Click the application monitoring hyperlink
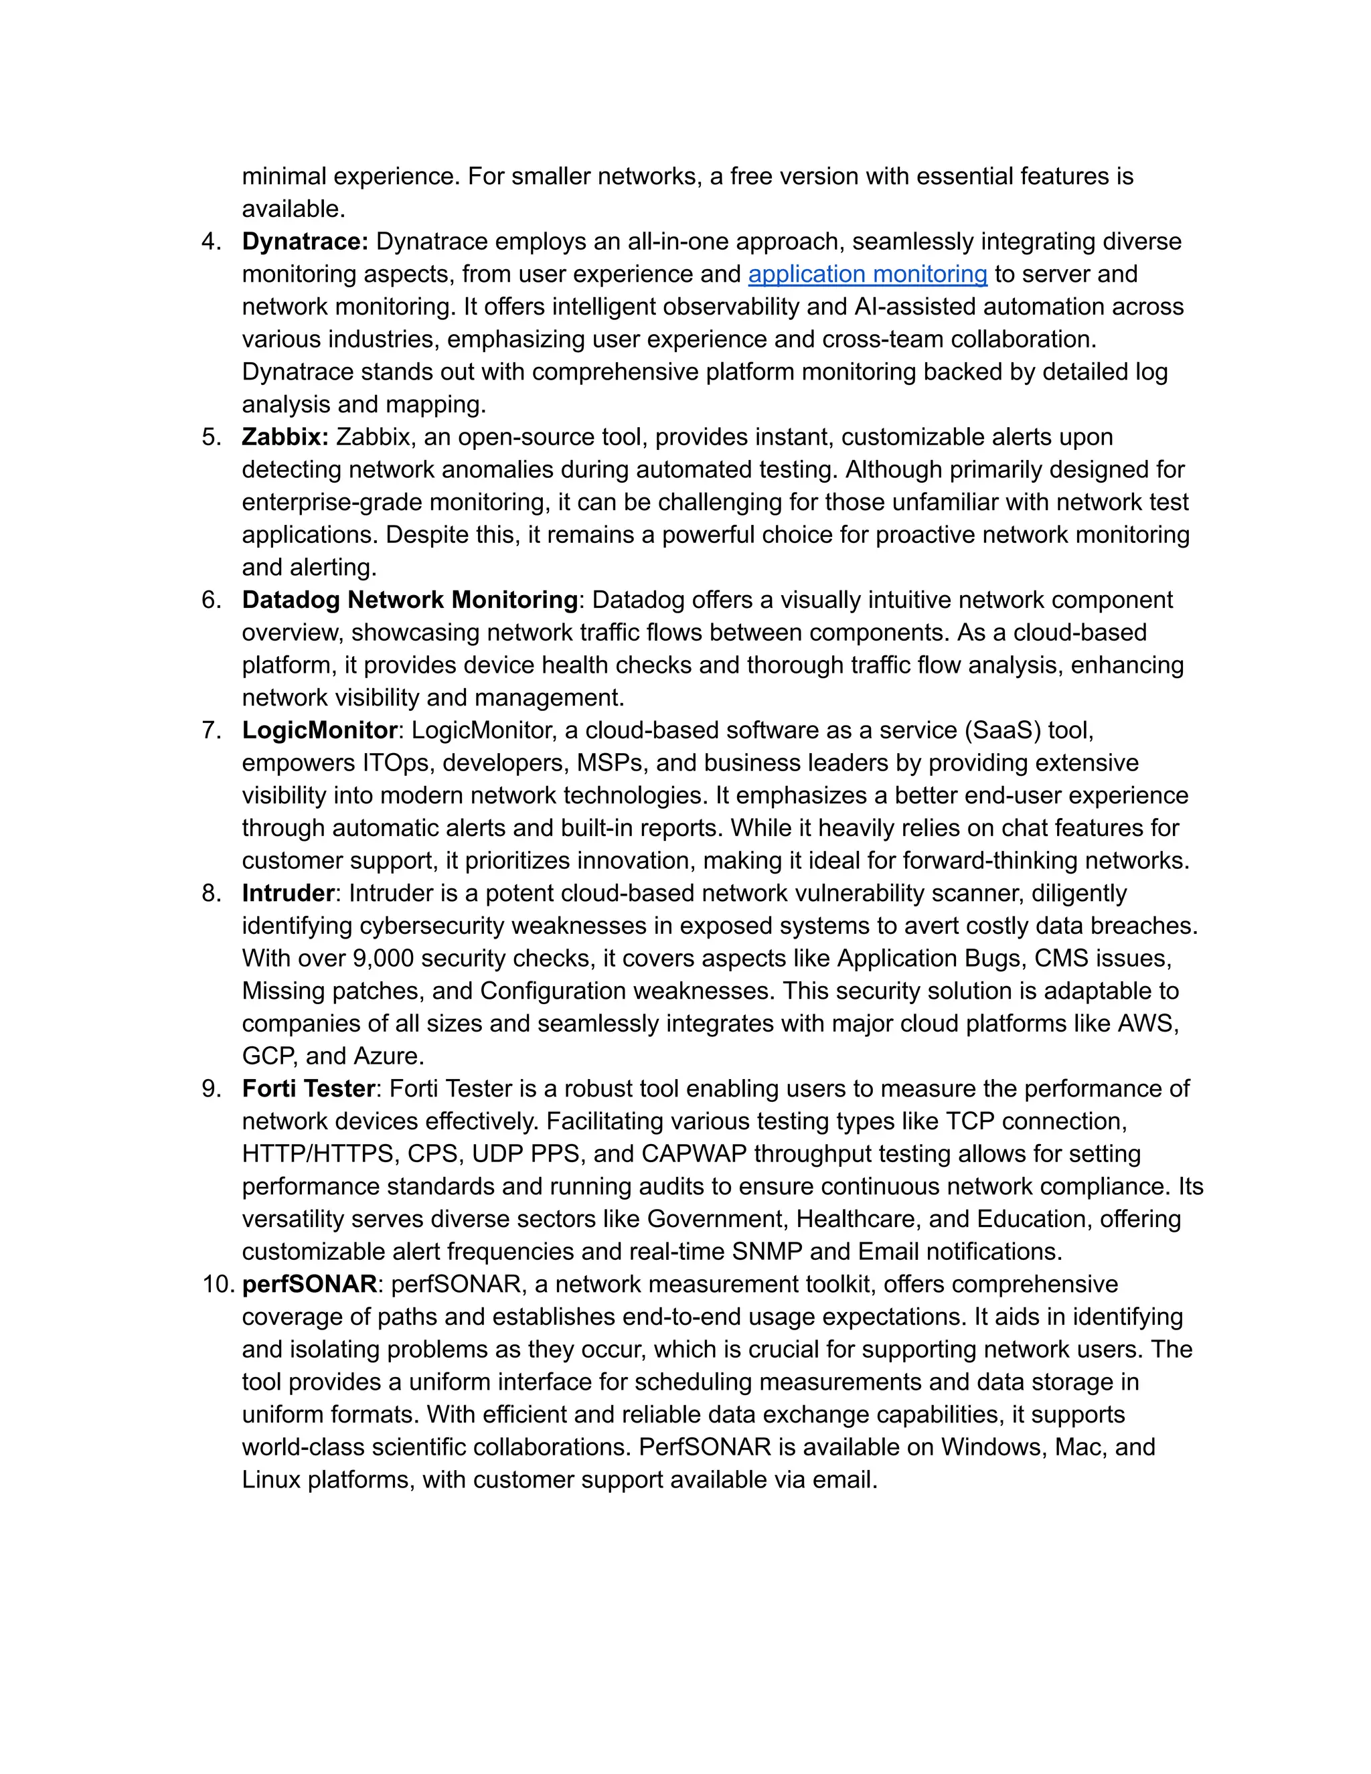867,274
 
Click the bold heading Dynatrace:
305,242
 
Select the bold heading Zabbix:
285,437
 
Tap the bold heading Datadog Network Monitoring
409,600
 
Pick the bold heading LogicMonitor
319,730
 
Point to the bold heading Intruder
287,894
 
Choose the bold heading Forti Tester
309,1088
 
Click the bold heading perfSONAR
309,1284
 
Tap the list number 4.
211,242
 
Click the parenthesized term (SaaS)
1002,730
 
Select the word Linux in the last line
271,1480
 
